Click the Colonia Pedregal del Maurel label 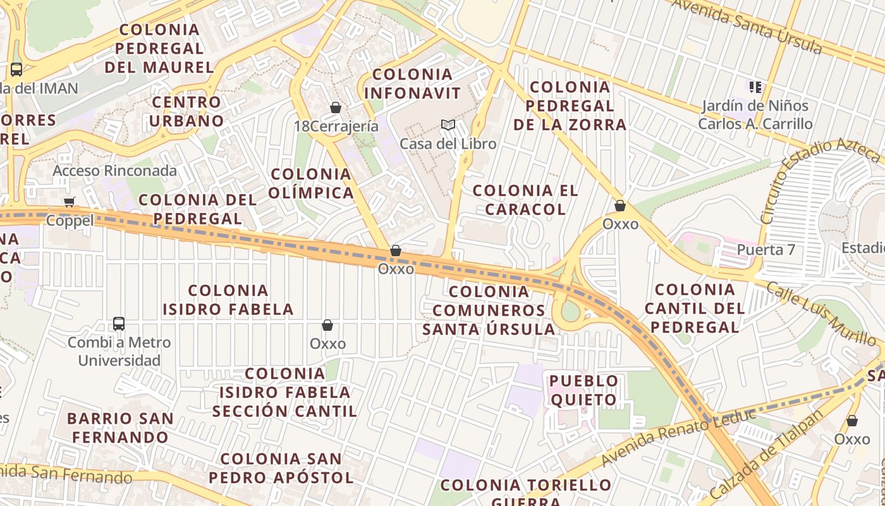(159, 48)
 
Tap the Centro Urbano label (187, 111)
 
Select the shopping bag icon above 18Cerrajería (336, 108)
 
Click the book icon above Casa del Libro (448, 125)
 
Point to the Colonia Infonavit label (413, 83)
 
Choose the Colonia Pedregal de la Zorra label (570, 106)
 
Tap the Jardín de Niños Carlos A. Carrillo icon (755, 87)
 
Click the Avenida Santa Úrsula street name (747, 27)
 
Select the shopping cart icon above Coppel (70, 202)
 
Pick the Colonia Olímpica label (311, 183)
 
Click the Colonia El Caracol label (525, 199)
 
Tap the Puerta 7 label (766, 250)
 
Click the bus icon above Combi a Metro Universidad (119, 324)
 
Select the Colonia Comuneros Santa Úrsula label (489, 310)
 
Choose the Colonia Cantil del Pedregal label (695, 308)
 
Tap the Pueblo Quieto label (583, 390)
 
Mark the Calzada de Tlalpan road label (767, 455)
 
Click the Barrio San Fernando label (120, 428)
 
